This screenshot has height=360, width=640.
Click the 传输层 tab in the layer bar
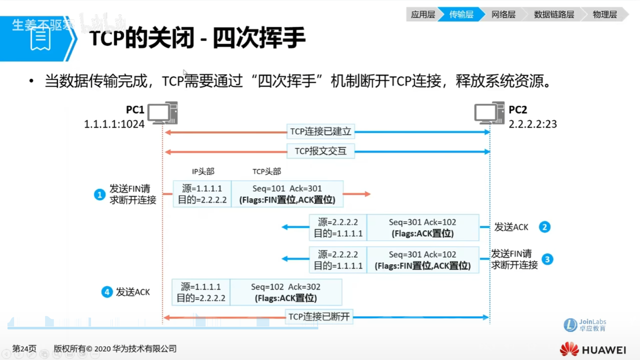tap(461, 14)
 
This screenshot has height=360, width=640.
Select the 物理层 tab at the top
tap(604, 14)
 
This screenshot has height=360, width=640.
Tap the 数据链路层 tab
tap(553, 14)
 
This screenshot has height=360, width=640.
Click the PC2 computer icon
tap(489, 113)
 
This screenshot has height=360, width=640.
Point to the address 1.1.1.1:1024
tap(114, 123)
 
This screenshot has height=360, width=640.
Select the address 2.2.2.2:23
tap(532, 123)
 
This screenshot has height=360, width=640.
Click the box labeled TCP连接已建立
tap(321, 132)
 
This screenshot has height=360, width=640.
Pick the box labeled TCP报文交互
tap(320, 151)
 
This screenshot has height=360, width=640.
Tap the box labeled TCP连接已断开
tap(319, 316)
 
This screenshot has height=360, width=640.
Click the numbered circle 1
tap(99, 194)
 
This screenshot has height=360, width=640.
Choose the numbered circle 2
tap(544, 227)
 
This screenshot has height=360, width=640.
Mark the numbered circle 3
tap(547, 259)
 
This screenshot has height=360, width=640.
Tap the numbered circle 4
tap(107, 292)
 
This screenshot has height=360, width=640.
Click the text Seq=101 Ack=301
tap(287, 188)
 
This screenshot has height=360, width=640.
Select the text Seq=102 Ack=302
tap(285, 287)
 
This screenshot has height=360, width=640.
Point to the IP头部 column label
tap(203, 171)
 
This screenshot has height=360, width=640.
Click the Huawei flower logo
tap(569, 349)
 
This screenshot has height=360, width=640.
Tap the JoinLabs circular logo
tap(570, 325)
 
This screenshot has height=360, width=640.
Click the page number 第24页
tap(24, 348)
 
